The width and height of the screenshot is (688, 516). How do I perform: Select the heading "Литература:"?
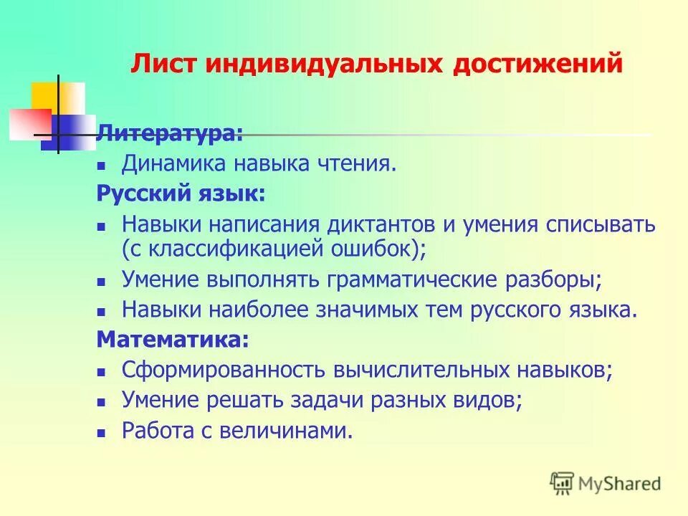point(170,133)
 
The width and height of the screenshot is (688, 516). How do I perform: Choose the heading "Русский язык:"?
point(181,193)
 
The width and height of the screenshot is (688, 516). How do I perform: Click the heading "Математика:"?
point(173,340)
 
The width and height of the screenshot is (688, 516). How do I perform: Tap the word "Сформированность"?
point(224,370)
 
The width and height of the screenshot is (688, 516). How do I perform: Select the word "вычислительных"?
point(422,370)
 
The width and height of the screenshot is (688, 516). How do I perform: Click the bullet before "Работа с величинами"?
point(102,432)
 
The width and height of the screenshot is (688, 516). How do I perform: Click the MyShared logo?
point(606,484)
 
